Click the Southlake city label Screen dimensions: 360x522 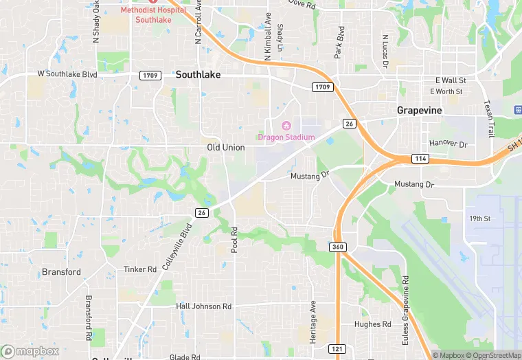[198, 74]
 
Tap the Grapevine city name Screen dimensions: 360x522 [419, 110]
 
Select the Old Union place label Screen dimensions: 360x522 [226, 148]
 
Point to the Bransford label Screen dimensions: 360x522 [61, 272]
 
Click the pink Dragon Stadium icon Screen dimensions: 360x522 [286, 126]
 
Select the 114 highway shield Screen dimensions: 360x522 [421, 159]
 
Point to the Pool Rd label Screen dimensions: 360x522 [234, 240]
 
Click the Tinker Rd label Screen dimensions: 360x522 [140, 269]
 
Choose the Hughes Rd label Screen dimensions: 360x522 [372, 324]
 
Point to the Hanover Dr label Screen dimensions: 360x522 [448, 144]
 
